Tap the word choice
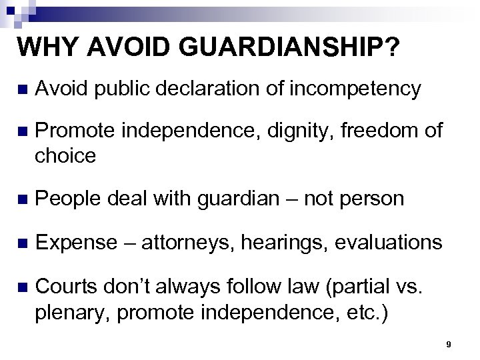click(65, 155)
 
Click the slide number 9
click(449, 345)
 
